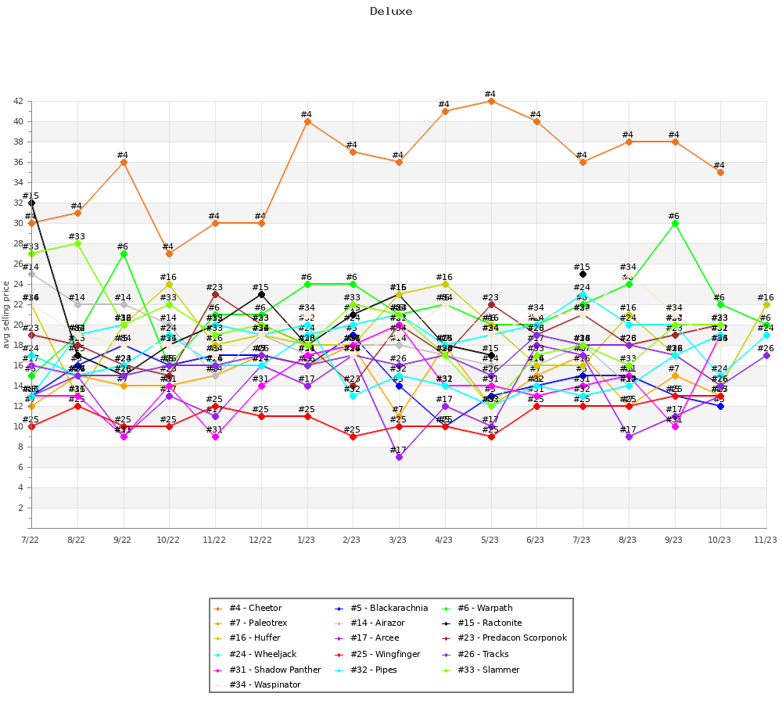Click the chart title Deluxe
391,12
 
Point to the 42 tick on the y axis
17,101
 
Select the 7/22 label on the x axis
30,540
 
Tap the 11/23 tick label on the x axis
766,540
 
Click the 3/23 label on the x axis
398,540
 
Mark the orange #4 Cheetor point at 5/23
490,101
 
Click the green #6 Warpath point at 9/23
674,223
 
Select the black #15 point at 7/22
31,203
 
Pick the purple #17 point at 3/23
399,457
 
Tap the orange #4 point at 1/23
307,121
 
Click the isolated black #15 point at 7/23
583,274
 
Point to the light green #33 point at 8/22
77,243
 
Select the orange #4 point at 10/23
719,172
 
